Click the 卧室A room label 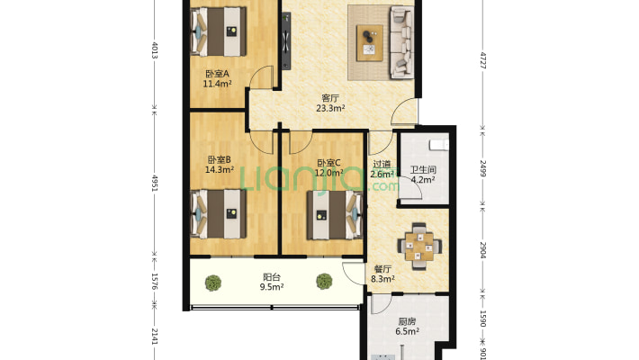coord(217,74)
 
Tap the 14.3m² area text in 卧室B coord(220,169)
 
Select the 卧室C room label coord(328,163)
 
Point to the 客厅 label coord(330,98)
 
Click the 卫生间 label coord(423,169)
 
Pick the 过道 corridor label coord(382,165)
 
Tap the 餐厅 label coord(382,269)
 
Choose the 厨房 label coord(407,321)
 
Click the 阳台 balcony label coord(272,277)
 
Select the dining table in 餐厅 coord(419,247)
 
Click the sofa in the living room coord(401,42)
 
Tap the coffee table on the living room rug coord(370,43)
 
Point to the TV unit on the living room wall coord(286,40)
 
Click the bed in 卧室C coord(335,215)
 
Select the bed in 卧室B coord(219,214)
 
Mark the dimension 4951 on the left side coord(155,183)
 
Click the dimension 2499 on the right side coord(482,168)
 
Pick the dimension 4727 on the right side coord(483,60)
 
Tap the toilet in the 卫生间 coord(439,145)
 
